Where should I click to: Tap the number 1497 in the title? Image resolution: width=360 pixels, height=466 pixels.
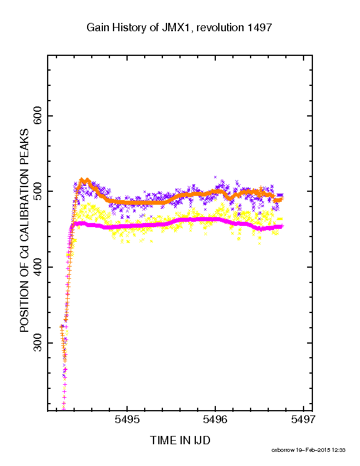pos(259,28)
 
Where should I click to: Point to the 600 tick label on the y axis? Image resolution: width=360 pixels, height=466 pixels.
pos(38,115)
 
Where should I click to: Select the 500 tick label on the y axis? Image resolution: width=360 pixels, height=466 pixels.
pos(38,191)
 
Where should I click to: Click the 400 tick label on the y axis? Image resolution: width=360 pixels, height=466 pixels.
pos(38,267)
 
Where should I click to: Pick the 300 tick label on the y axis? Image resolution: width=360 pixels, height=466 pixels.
pos(38,343)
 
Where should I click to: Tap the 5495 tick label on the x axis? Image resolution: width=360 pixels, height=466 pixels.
pos(127,420)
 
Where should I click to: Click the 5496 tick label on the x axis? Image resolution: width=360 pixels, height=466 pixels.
pos(215,420)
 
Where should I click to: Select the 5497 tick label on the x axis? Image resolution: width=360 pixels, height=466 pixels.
pos(304,420)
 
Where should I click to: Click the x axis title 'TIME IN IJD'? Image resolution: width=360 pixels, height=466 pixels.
pos(180,440)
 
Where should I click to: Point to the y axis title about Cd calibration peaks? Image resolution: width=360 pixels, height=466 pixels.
pos(24,230)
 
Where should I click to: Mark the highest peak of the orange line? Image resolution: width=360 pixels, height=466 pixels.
pos(82,179)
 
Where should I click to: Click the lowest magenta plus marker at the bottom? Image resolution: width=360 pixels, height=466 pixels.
pos(64,409)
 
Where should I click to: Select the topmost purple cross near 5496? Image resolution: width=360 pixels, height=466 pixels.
pos(215,177)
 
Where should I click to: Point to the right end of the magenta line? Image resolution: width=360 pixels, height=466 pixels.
pos(282,226)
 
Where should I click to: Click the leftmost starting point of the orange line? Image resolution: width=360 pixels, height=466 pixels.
pos(61,326)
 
